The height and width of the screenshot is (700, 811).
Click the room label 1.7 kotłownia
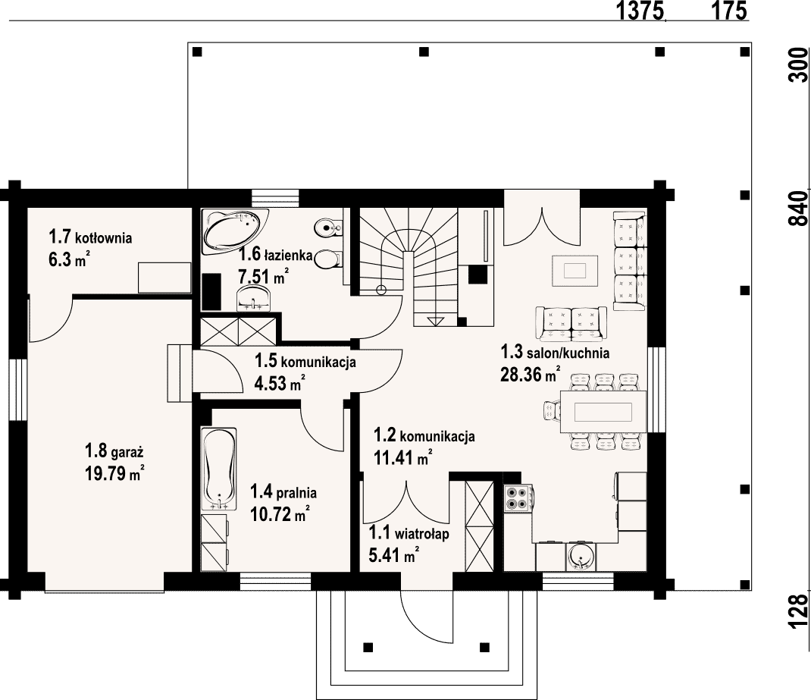click(x=90, y=237)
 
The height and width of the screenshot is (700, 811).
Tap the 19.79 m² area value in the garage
click(x=114, y=473)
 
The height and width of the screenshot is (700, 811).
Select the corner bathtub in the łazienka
click(x=235, y=232)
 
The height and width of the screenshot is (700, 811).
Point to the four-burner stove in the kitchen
click(x=518, y=498)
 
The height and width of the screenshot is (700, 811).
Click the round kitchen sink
click(x=581, y=557)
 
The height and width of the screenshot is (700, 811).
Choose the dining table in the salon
click(x=603, y=412)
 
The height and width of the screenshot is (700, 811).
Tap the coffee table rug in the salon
click(x=575, y=271)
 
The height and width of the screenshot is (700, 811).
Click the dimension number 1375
click(x=640, y=11)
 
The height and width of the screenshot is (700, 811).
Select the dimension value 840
click(x=799, y=208)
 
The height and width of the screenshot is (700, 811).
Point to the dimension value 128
click(x=799, y=611)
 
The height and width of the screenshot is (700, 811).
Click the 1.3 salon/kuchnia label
click(x=555, y=353)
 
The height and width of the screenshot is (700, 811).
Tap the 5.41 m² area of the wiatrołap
click(x=393, y=554)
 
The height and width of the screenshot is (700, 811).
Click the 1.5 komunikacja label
click(x=305, y=360)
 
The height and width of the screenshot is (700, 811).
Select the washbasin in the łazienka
click(x=253, y=299)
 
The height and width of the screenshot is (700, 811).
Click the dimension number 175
click(x=729, y=11)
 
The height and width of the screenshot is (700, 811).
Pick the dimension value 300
click(x=799, y=64)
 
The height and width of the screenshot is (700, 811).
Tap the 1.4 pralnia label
click(x=283, y=492)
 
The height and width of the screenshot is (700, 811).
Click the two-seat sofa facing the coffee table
click(x=571, y=324)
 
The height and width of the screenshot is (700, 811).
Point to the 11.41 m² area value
click(x=403, y=457)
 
